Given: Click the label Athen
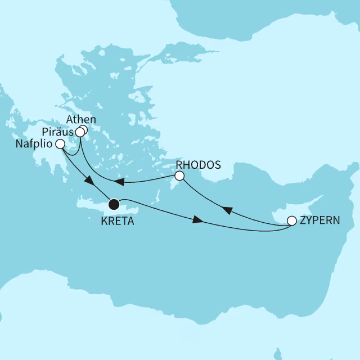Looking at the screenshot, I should coord(81,120).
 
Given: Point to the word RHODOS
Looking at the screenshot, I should coord(195,165).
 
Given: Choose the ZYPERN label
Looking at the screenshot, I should coord(321,221).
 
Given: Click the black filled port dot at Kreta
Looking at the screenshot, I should coord(114,204).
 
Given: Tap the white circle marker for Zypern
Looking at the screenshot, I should coord(292,221).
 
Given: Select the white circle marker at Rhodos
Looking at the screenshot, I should coord(179,176).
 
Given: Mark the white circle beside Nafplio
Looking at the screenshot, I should coord(60,145).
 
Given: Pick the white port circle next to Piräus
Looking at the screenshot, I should coord(80,133).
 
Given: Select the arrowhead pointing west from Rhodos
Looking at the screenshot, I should coord(120,182).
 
